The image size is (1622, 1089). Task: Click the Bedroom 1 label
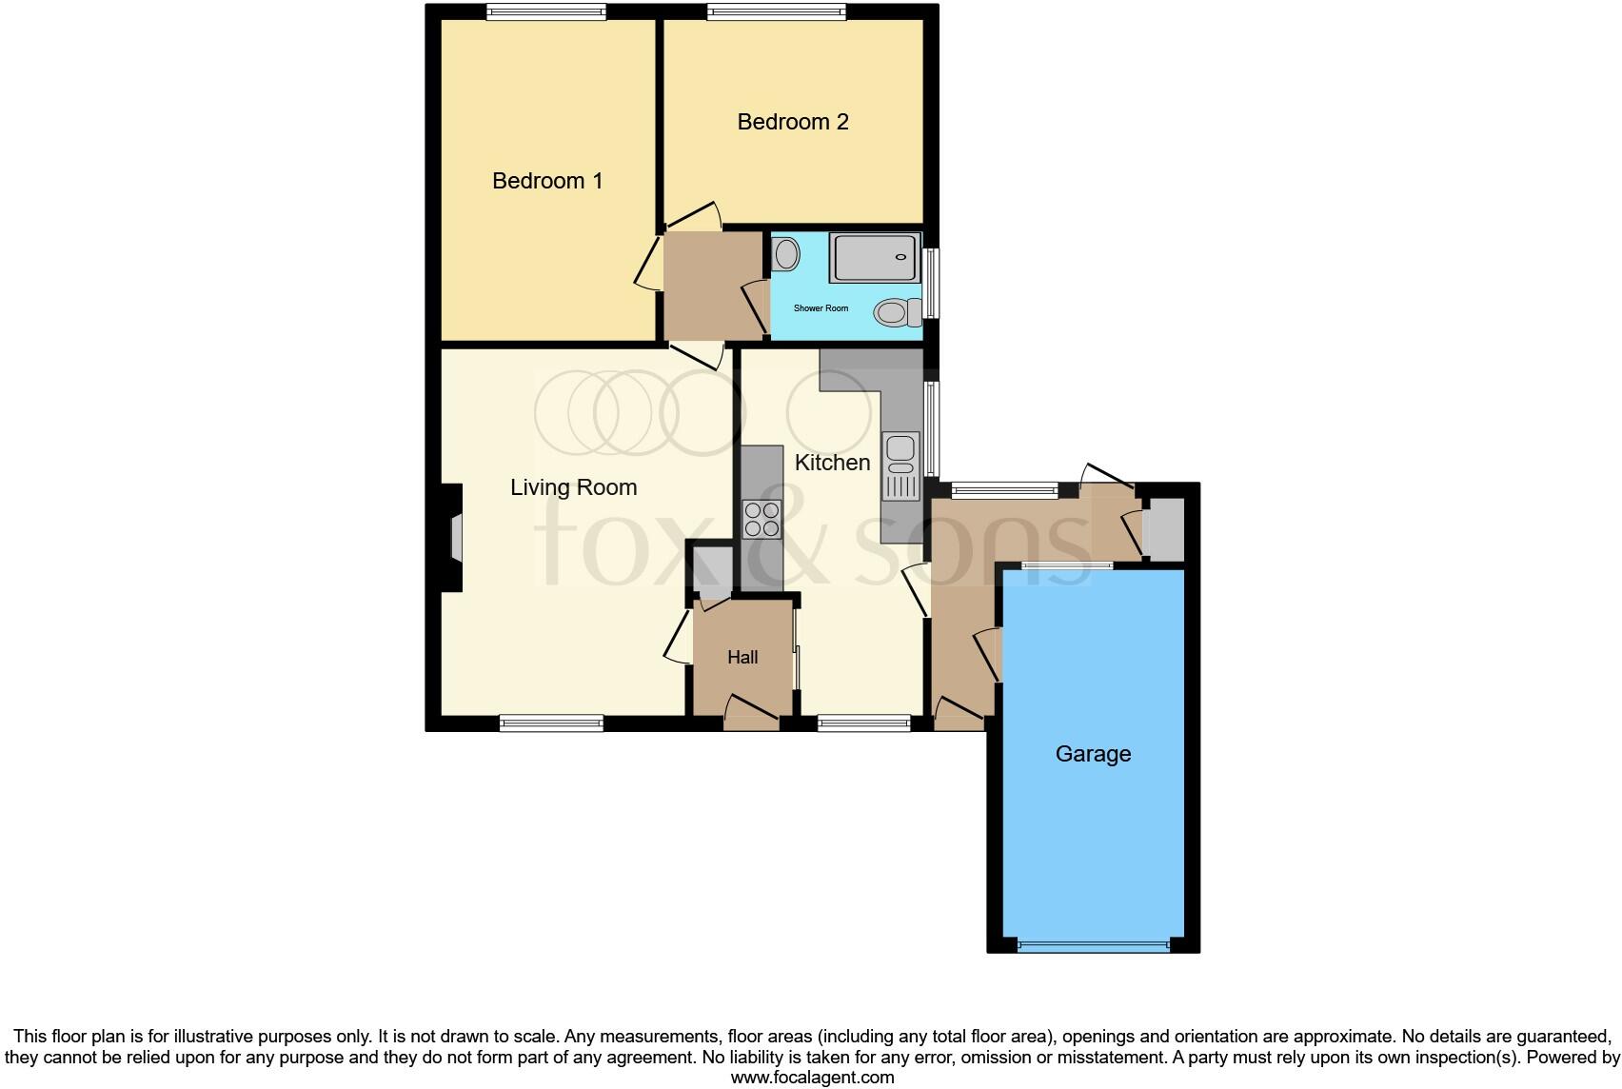547,181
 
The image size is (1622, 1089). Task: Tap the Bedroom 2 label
793,122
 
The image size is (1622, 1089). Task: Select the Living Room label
573,487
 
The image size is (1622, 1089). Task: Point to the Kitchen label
832,463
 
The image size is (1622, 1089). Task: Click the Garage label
1093,754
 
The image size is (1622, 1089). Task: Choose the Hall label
742,657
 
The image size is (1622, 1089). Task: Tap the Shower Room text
821,308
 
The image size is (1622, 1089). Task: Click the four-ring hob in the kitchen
762,519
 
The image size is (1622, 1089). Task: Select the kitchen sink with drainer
900,465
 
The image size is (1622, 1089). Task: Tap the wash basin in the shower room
786,254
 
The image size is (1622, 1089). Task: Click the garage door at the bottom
1093,946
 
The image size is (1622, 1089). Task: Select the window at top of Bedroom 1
546,12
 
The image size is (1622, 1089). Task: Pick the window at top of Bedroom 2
776,12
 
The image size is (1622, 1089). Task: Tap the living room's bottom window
552,723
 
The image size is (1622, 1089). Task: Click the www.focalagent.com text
812,1078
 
